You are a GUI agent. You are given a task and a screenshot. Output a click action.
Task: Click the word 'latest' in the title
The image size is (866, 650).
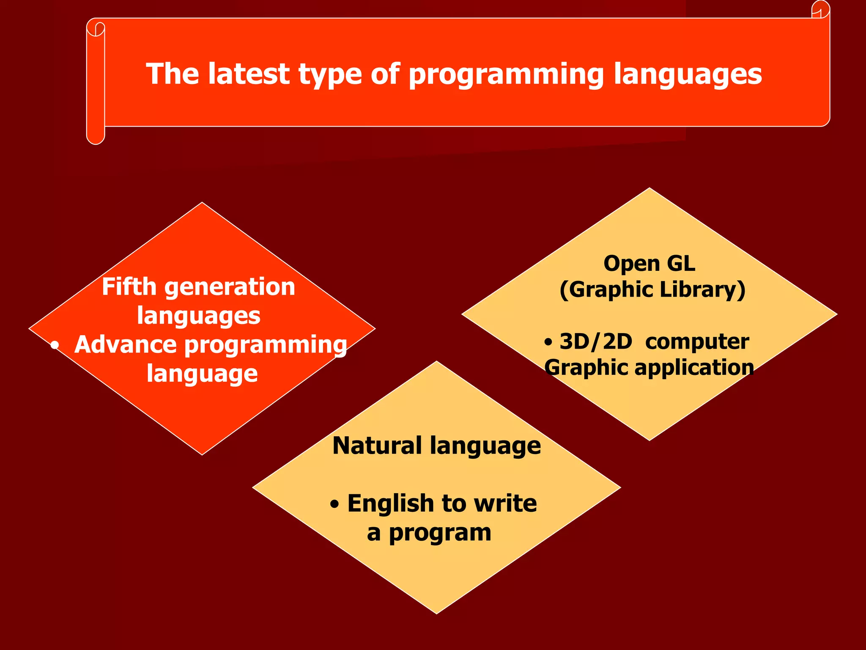249,74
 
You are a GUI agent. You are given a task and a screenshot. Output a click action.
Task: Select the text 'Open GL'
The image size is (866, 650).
649,264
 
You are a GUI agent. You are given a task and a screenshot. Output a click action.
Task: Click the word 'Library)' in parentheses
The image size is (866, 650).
702,290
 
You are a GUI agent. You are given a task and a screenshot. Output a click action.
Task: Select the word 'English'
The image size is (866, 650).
391,504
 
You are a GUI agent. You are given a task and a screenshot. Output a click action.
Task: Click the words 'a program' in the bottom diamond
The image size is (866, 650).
429,533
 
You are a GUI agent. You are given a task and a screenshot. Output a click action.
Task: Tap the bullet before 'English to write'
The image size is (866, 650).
334,504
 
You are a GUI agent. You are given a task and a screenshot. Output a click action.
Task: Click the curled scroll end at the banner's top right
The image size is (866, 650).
821,10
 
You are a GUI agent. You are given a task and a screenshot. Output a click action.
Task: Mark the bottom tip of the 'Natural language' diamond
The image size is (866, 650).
437,612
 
